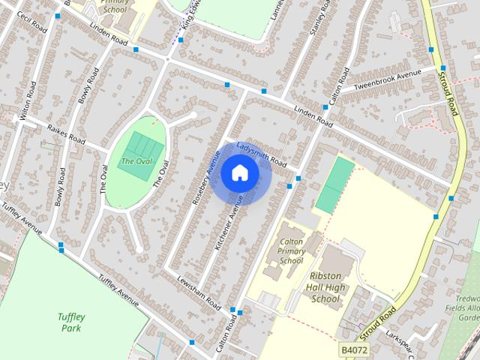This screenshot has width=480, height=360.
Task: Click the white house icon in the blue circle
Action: click(240, 173)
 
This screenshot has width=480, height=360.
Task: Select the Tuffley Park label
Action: click(73, 322)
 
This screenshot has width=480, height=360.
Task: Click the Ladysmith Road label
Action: click(261, 153)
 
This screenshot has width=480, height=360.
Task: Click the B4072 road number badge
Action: click(354, 349)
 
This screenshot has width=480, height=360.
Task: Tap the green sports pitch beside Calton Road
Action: click(334, 184)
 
